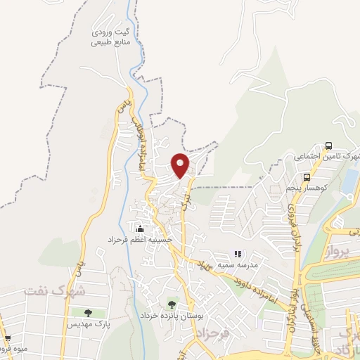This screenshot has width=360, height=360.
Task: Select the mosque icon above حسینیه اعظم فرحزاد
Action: [x=140, y=229]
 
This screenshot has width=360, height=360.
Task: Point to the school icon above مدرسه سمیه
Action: [x=238, y=253]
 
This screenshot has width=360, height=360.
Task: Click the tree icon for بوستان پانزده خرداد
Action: [x=172, y=304]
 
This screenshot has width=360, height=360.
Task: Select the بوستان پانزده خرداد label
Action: [x=171, y=316]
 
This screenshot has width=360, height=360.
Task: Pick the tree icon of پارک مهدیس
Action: [x=88, y=313]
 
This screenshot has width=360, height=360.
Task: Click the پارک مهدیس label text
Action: [x=89, y=324]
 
